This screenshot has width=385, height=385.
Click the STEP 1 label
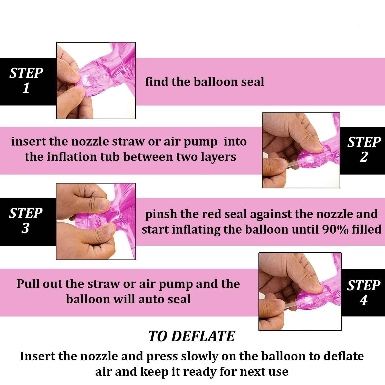26,80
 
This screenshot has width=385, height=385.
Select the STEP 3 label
26,220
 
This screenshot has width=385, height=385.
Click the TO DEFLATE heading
191,336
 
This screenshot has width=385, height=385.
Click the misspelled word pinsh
161,214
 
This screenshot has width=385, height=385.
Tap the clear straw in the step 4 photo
289,306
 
